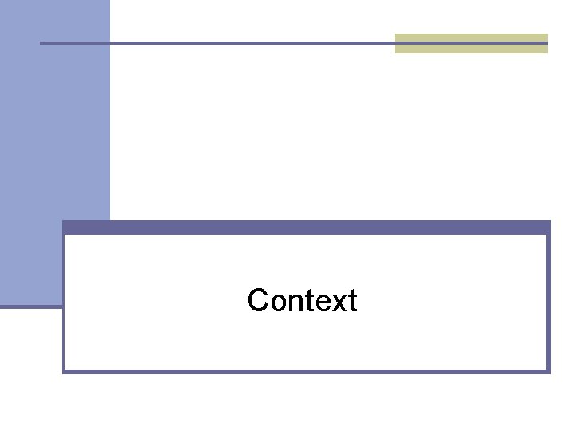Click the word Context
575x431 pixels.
click(x=302, y=301)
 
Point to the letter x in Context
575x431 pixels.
click(x=333, y=303)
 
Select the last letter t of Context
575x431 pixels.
click(x=351, y=302)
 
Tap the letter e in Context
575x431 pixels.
click(x=318, y=303)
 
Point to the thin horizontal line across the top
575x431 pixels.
click(x=240, y=42)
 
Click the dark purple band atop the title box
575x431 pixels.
click(x=307, y=227)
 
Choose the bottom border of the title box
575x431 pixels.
click(x=307, y=371)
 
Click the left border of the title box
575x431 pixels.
click(x=64, y=335)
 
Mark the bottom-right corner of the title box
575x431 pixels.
click(x=549, y=371)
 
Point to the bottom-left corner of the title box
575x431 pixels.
click(x=64, y=371)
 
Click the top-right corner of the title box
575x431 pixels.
click(x=549, y=223)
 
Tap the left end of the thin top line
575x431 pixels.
click(x=42, y=42)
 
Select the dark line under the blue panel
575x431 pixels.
click(x=30, y=306)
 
